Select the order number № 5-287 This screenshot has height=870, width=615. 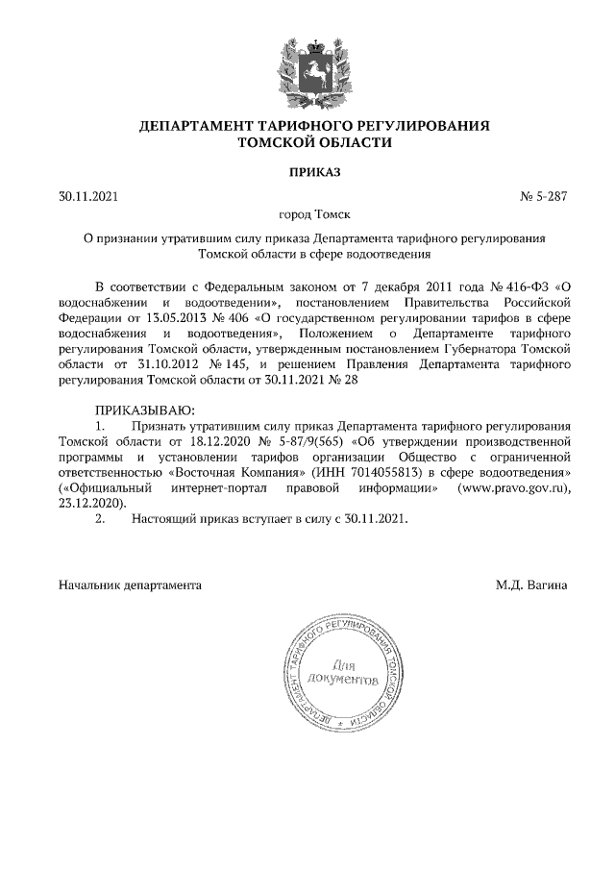[x=544, y=197]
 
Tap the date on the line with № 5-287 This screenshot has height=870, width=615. [x=87, y=197]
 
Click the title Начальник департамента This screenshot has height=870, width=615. [x=130, y=584]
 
